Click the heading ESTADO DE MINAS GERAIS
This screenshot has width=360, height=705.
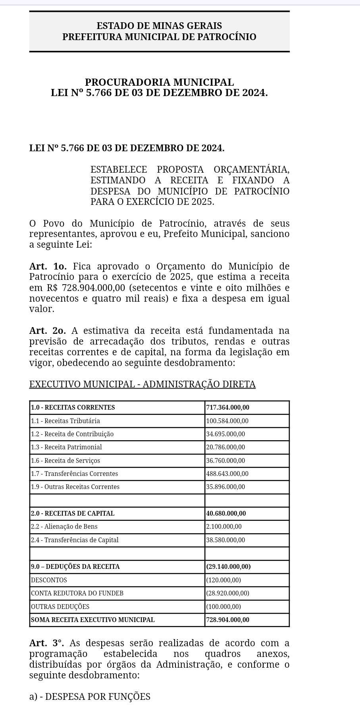click(x=159, y=26)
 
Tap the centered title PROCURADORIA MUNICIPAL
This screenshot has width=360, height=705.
click(x=159, y=82)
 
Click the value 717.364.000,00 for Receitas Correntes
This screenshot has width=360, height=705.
click(x=228, y=407)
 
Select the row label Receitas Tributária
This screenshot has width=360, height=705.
click(x=65, y=421)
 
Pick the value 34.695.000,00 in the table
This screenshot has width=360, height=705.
click(x=225, y=434)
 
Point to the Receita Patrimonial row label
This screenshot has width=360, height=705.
click(x=66, y=447)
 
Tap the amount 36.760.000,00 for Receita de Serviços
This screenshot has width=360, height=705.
click(x=225, y=460)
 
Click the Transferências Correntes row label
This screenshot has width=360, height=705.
click(x=74, y=474)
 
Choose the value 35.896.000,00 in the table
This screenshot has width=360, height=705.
click(x=225, y=487)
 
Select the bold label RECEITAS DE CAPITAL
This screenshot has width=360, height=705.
click(x=73, y=513)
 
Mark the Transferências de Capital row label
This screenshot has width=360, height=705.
click(x=75, y=540)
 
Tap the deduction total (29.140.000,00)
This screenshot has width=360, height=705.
click(x=228, y=566)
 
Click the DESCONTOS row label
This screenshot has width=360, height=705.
click(x=49, y=580)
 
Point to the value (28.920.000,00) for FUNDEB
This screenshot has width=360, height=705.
click(x=227, y=593)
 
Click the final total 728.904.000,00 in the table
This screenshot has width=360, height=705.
click(x=228, y=620)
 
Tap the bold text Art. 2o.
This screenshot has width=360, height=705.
click(x=48, y=331)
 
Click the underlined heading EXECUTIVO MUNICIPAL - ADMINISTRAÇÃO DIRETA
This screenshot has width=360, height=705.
click(x=142, y=384)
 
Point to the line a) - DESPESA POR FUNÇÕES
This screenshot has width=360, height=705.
click(x=90, y=697)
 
